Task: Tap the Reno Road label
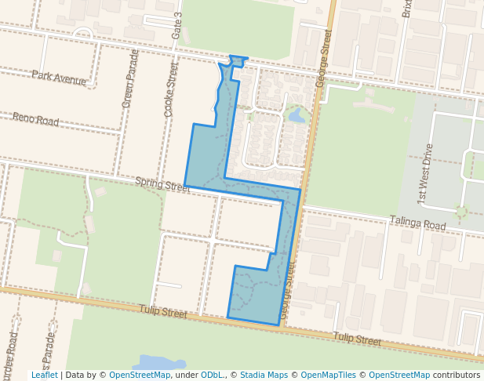(x=35, y=120)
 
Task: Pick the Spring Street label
(x=162, y=185)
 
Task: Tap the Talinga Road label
(x=417, y=224)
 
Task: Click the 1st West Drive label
(x=426, y=174)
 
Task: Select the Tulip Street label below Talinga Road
(x=357, y=339)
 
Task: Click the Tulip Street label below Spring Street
(x=163, y=313)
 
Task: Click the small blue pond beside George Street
(x=297, y=116)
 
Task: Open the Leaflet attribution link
(x=44, y=375)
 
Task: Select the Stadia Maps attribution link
(x=264, y=375)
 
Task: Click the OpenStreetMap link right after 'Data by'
(x=139, y=375)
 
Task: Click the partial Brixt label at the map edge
(x=406, y=9)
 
